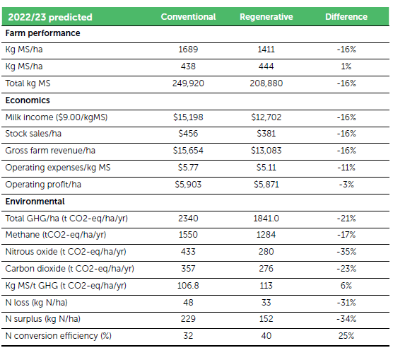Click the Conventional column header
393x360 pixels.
point(188,17)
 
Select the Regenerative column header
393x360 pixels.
point(266,17)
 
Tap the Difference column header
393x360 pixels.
point(346,17)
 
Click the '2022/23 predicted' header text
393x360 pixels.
point(50,17)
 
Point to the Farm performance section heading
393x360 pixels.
point(43,33)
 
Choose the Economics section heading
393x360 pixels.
point(28,100)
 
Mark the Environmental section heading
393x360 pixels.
point(35,202)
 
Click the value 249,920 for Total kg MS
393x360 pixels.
point(188,83)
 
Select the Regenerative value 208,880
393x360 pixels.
point(266,83)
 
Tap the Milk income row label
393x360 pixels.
point(57,117)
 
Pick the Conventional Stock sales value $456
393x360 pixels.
point(188,134)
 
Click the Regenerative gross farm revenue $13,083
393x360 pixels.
point(266,151)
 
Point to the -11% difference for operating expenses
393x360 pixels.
point(346,168)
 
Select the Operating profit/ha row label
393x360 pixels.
point(43,185)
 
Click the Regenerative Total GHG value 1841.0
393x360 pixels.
point(266,219)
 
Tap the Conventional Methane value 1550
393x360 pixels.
point(188,235)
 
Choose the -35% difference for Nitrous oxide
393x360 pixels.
point(346,252)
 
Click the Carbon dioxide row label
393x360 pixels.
point(70,269)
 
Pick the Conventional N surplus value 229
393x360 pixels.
point(188,319)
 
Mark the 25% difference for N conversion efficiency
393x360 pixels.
point(346,336)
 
